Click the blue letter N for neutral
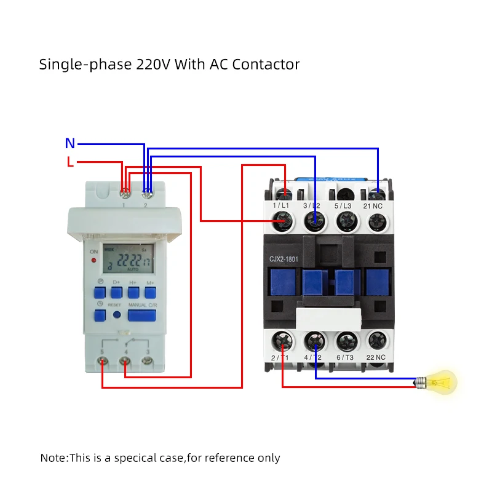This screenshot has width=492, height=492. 70,144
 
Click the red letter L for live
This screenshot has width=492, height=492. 70,162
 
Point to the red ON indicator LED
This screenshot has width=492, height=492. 93,261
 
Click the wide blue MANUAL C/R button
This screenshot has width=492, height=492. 141,315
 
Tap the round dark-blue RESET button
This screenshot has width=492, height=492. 117,315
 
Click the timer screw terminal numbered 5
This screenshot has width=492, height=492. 102,363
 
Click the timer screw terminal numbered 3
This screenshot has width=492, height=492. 146,363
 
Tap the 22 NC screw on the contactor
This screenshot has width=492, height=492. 378,339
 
